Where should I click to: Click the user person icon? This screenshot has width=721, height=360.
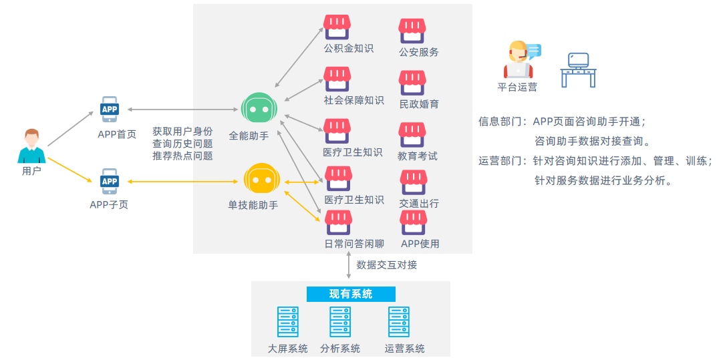point(31,146)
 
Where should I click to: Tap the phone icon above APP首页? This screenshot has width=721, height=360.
point(110,110)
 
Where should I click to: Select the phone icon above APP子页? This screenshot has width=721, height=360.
point(110,181)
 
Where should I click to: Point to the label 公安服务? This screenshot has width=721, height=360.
point(418,51)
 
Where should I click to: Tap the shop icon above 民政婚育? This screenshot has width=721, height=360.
point(412,83)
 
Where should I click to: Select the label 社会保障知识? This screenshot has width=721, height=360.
point(353,100)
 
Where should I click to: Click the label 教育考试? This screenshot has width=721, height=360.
point(418,156)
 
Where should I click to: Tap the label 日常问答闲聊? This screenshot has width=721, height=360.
point(353,244)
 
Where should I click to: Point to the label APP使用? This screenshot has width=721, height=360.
point(420,244)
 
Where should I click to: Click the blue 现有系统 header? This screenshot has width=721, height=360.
point(351,294)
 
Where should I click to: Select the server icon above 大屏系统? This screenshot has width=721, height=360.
point(287,321)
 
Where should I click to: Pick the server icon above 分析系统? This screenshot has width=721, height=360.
point(339,321)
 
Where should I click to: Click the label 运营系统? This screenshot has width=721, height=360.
point(404,348)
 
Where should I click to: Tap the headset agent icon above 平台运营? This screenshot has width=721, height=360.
point(520,60)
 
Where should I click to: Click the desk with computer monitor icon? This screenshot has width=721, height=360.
point(577,69)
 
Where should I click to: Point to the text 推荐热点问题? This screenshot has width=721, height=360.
point(182,156)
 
